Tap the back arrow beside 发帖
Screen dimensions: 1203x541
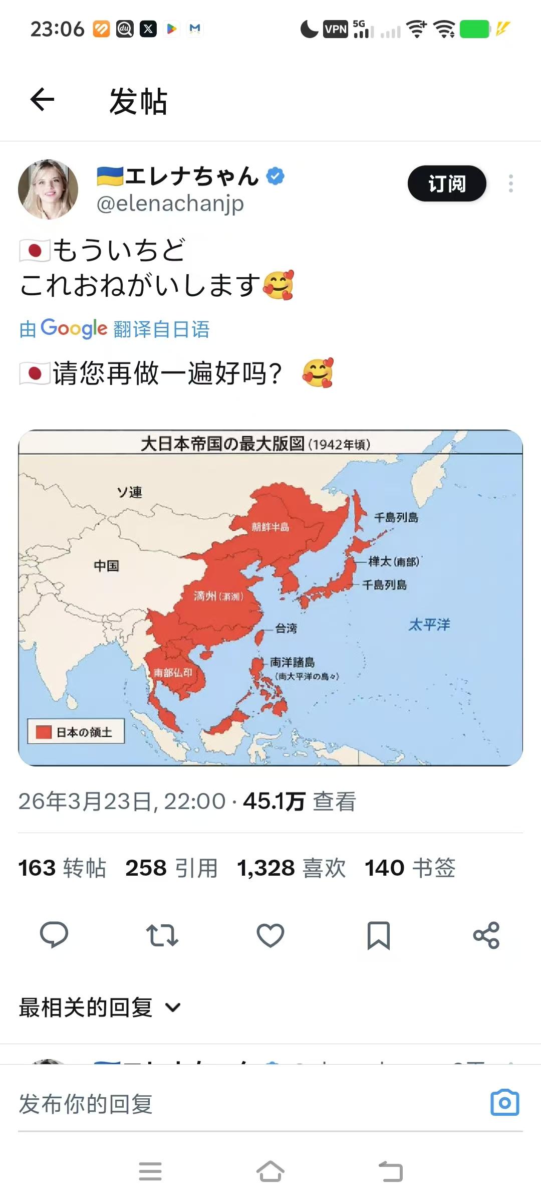(x=43, y=99)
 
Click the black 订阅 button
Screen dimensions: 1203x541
(x=447, y=183)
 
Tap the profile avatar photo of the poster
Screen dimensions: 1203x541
(x=48, y=189)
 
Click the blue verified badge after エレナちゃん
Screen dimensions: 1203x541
(x=275, y=176)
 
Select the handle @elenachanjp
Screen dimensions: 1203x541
(x=170, y=204)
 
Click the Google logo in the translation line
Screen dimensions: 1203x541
(x=74, y=328)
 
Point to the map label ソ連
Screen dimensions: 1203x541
(x=130, y=492)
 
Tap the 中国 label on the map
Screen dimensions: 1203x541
(x=106, y=566)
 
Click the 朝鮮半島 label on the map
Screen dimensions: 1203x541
(x=270, y=527)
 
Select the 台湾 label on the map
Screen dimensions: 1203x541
(x=286, y=628)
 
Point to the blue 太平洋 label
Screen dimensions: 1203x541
(x=429, y=625)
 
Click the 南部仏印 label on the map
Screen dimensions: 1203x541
(x=173, y=673)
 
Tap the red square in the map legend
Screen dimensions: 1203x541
(x=44, y=732)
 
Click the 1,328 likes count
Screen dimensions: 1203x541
(x=266, y=868)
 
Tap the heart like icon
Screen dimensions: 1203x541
(x=270, y=935)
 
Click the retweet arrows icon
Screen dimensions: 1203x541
(x=162, y=935)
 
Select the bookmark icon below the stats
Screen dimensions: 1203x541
(x=379, y=935)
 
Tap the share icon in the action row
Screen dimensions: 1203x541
(x=486, y=935)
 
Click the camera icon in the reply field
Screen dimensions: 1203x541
(x=504, y=1103)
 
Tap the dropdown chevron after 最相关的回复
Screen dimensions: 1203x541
(x=173, y=1008)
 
